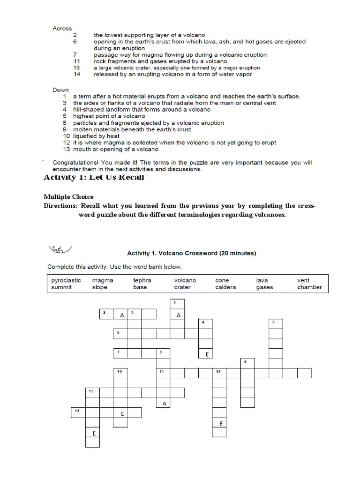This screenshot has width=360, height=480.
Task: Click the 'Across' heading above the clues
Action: click(x=62, y=29)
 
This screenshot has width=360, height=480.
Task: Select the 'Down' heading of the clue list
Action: click(x=61, y=90)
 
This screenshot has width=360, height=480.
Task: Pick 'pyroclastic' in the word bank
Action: click(x=66, y=280)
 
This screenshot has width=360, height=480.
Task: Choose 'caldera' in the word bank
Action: click(x=225, y=287)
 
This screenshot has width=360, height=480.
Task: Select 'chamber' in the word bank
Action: click(x=309, y=287)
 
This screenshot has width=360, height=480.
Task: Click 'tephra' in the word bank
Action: click(x=142, y=280)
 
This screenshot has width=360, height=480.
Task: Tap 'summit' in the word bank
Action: click(x=61, y=287)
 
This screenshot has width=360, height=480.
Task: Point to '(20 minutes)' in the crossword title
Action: click(x=237, y=253)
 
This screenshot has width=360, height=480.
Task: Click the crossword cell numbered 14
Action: click(x=78, y=412)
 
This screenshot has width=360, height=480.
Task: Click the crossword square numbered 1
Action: click(x=177, y=304)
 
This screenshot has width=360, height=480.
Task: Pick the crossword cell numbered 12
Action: click(x=219, y=373)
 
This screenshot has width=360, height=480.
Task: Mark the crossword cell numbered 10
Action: click(x=120, y=373)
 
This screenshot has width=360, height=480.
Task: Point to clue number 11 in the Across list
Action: click(x=77, y=61)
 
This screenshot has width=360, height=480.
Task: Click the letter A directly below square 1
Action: click(x=178, y=315)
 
